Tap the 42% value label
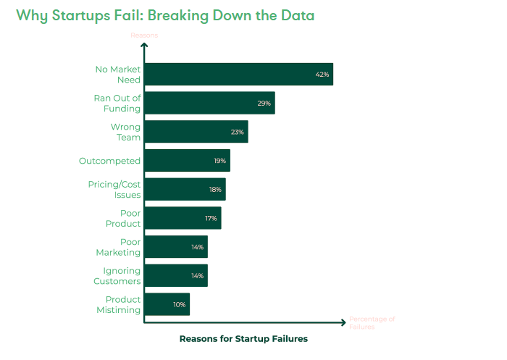click(322, 74)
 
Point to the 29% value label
click(264, 103)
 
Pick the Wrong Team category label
click(125, 132)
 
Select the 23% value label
click(237, 132)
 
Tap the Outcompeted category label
click(109, 161)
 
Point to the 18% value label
click(215, 189)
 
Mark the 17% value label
click(211, 218)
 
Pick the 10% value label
click(179, 304)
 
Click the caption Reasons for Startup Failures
click(243, 338)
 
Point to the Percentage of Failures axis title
click(372, 323)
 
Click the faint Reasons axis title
click(143, 35)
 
